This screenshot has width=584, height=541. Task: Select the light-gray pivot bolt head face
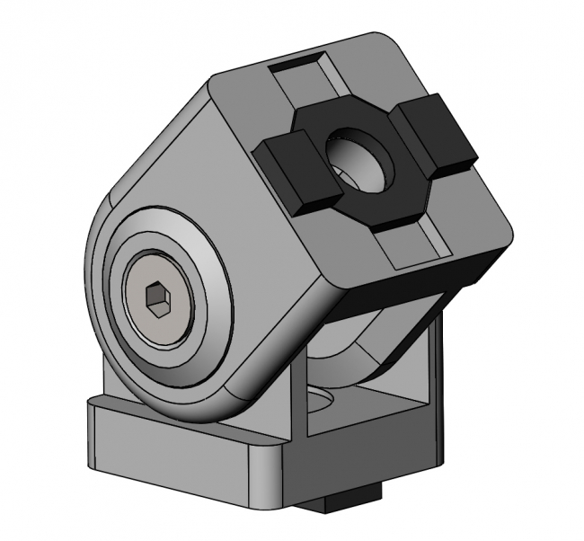tap(159, 302)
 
